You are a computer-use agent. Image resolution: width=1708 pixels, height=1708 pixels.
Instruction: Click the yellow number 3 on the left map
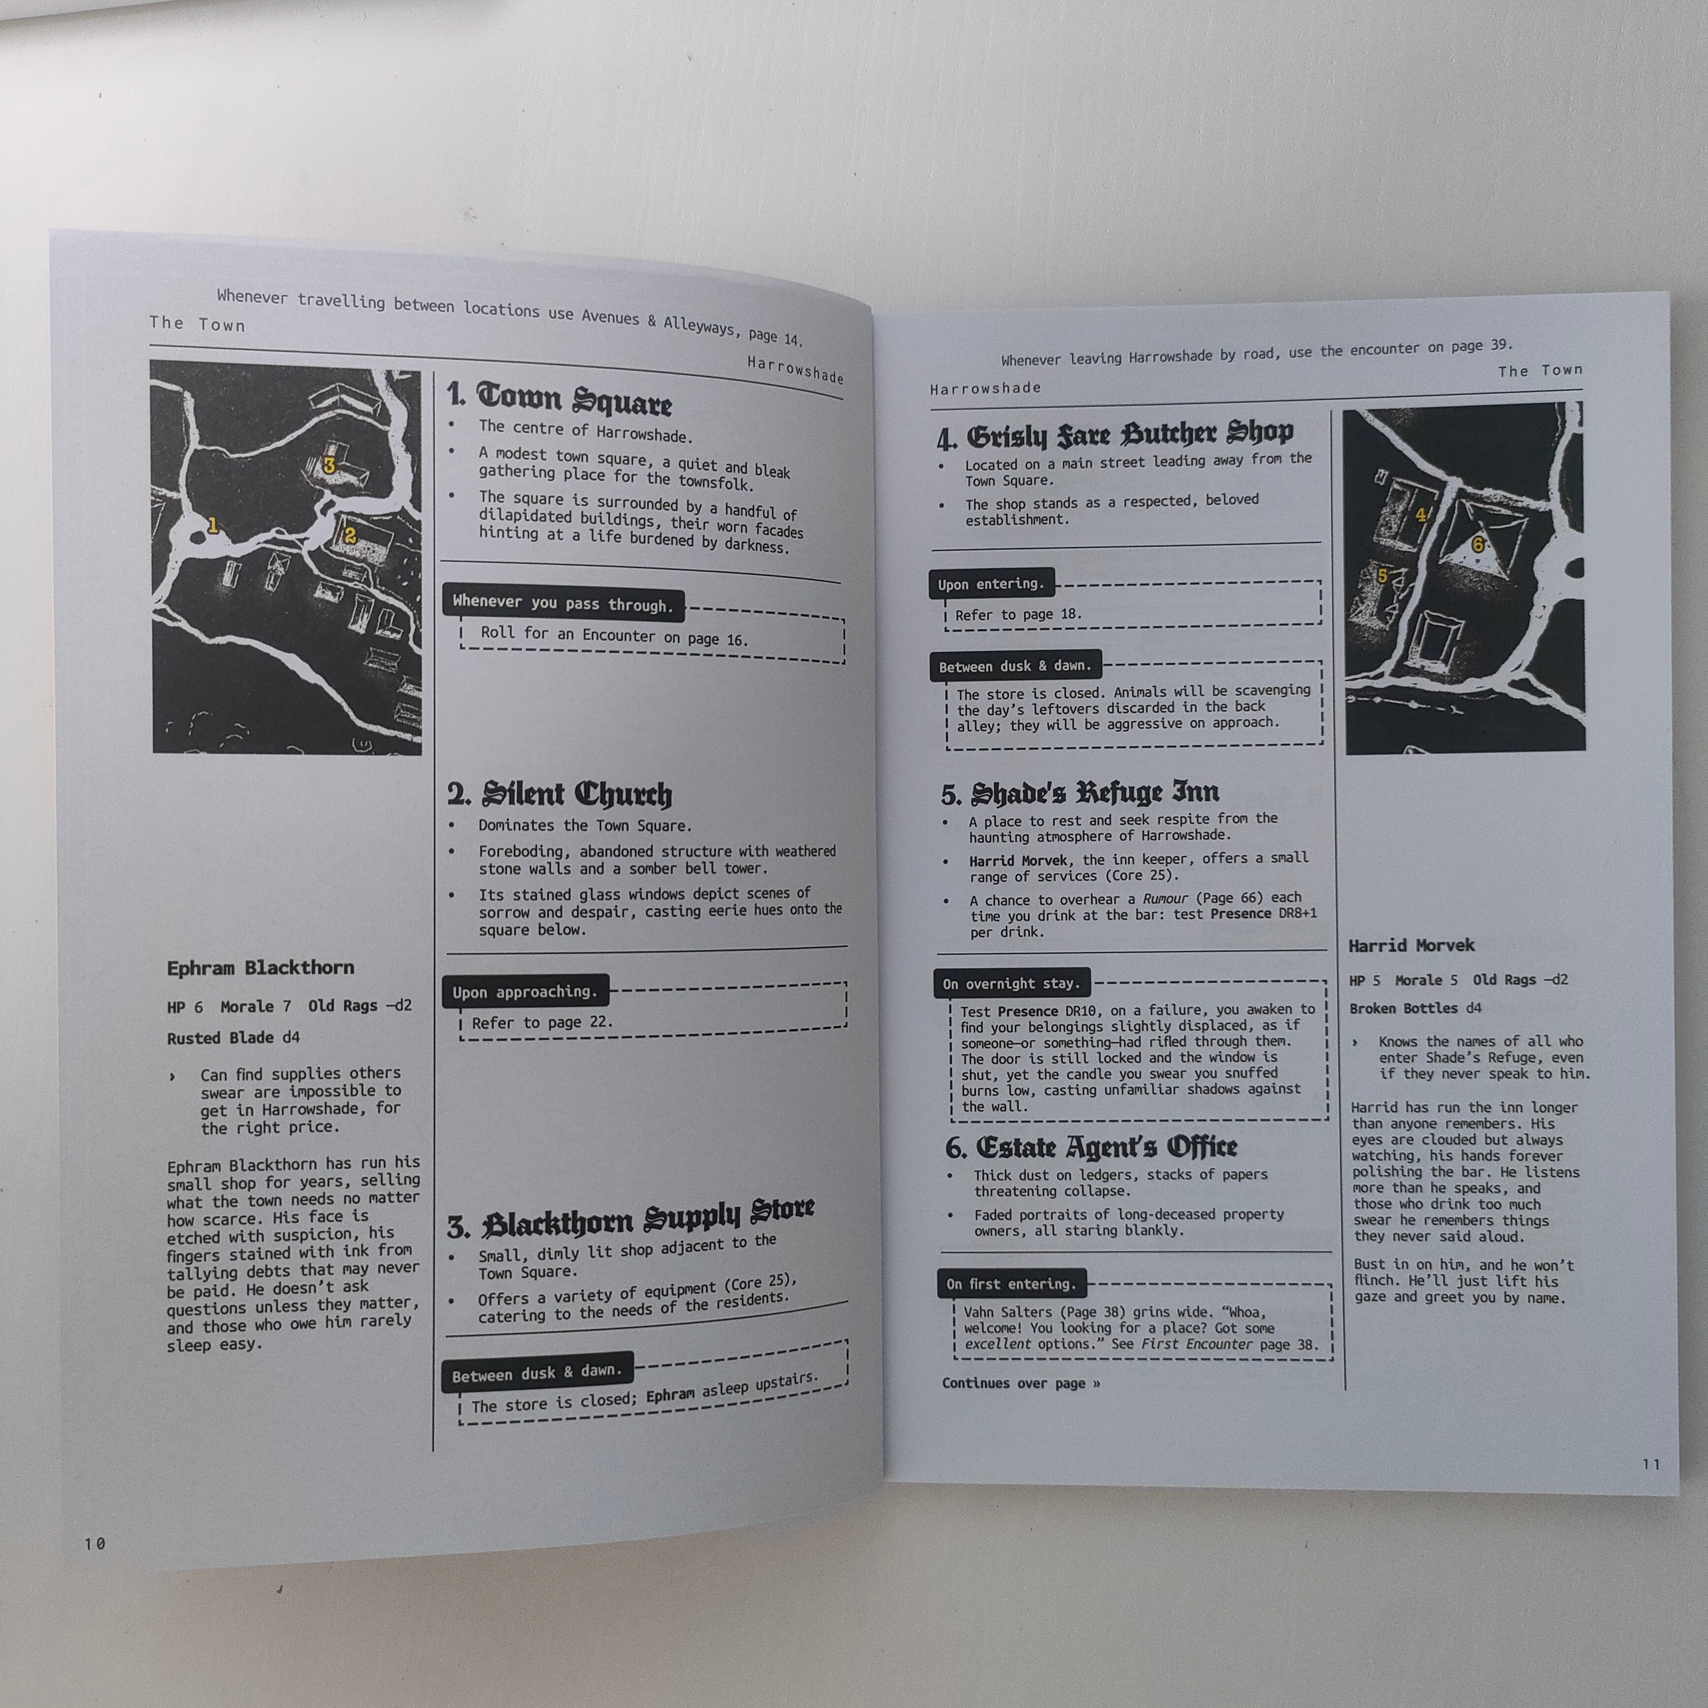[x=329, y=465]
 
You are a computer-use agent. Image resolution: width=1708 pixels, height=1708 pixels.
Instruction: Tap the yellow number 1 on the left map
[x=212, y=525]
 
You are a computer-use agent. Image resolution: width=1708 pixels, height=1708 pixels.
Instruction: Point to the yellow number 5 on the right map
[x=1382, y=576]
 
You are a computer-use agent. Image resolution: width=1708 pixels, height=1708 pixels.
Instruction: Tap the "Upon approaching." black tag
[x=525, y=992]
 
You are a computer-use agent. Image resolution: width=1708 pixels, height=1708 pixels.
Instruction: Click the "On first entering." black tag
[x=1012, y=1283]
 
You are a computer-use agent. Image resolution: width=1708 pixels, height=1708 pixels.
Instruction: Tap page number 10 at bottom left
[x=95, y=1544]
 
